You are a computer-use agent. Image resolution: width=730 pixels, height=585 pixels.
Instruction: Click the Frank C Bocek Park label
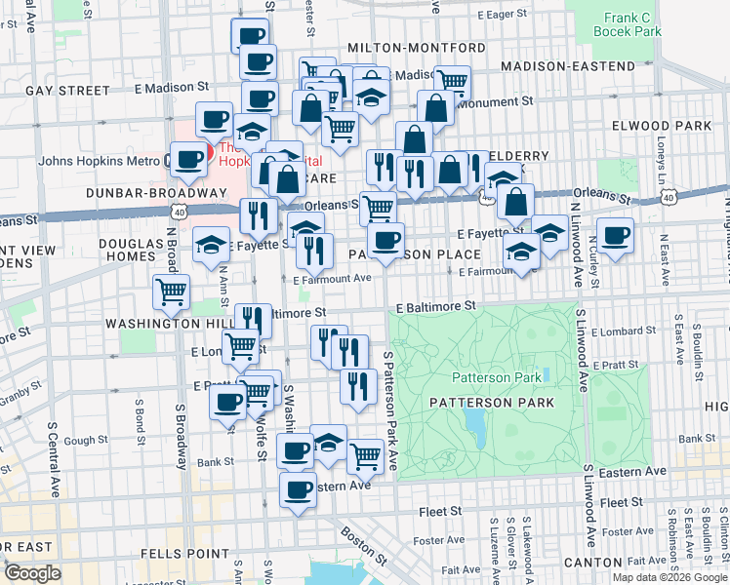click(x=632, y=24)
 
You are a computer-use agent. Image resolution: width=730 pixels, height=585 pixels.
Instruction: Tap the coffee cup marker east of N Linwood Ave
click(x=616, y=236)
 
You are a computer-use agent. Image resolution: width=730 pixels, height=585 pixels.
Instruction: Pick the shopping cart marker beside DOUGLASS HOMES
click(x=172, y=291)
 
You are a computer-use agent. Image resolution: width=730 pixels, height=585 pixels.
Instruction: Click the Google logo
click(x=32, y=573)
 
